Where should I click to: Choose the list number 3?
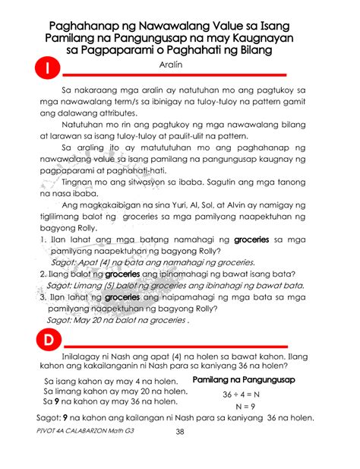[x=41, y=298]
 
